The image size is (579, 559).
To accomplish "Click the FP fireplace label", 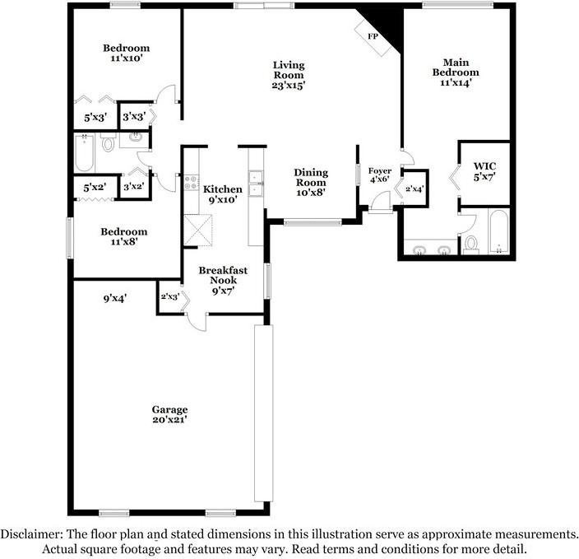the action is coord(373,36).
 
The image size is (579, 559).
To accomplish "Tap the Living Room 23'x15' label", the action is coord(289,75).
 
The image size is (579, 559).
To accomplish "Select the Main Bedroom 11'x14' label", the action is coord(456,72).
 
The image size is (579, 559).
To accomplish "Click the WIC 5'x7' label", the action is coord(484,171).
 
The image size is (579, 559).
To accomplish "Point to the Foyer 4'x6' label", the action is coord(380,175).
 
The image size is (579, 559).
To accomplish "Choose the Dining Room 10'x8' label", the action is coord(311,182).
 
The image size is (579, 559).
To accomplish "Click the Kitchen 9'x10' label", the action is coord(223,194).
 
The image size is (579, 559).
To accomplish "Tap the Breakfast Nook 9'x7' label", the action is coord(223,280).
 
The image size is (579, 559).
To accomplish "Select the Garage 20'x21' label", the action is coord(170,414).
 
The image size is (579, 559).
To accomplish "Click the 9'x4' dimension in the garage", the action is coord(115,298).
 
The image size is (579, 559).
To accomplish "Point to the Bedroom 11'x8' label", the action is coord(124,236).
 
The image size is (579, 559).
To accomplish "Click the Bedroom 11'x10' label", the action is coord(127,53).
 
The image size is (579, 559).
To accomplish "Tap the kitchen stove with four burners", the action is coord(192,183).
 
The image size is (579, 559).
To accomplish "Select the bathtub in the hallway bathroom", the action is coord(85,153).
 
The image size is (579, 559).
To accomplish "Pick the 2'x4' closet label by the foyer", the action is coord(415,189).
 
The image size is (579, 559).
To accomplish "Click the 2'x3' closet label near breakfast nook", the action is coord(170,296).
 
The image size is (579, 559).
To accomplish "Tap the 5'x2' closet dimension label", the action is coord(95,188).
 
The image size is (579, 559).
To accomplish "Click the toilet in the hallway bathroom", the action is coord(108,142).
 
